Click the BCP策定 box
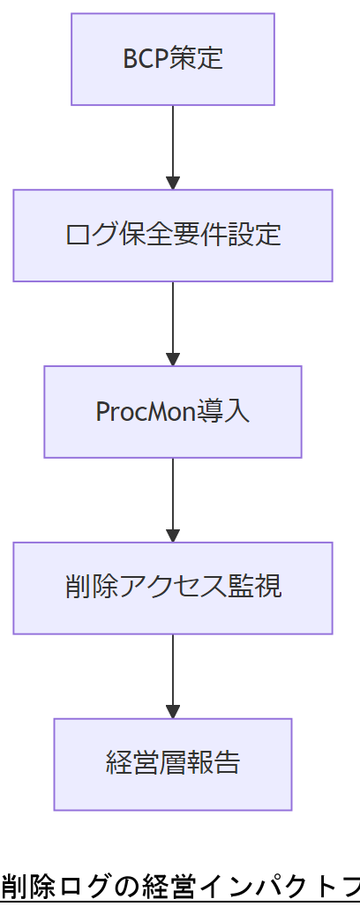[x=173, y=59]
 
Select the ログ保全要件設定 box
[x=173, y=236]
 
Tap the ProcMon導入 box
[x=173, y=412]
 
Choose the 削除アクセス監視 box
[x=173, y=588]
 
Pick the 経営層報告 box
[x=173, y=764]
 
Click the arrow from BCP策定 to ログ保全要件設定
[x=173, y=146]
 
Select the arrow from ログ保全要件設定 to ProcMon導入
[x=173, y=322]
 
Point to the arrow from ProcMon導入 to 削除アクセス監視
[x=173, y=498]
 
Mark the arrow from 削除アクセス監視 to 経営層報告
[x=173, y=675]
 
